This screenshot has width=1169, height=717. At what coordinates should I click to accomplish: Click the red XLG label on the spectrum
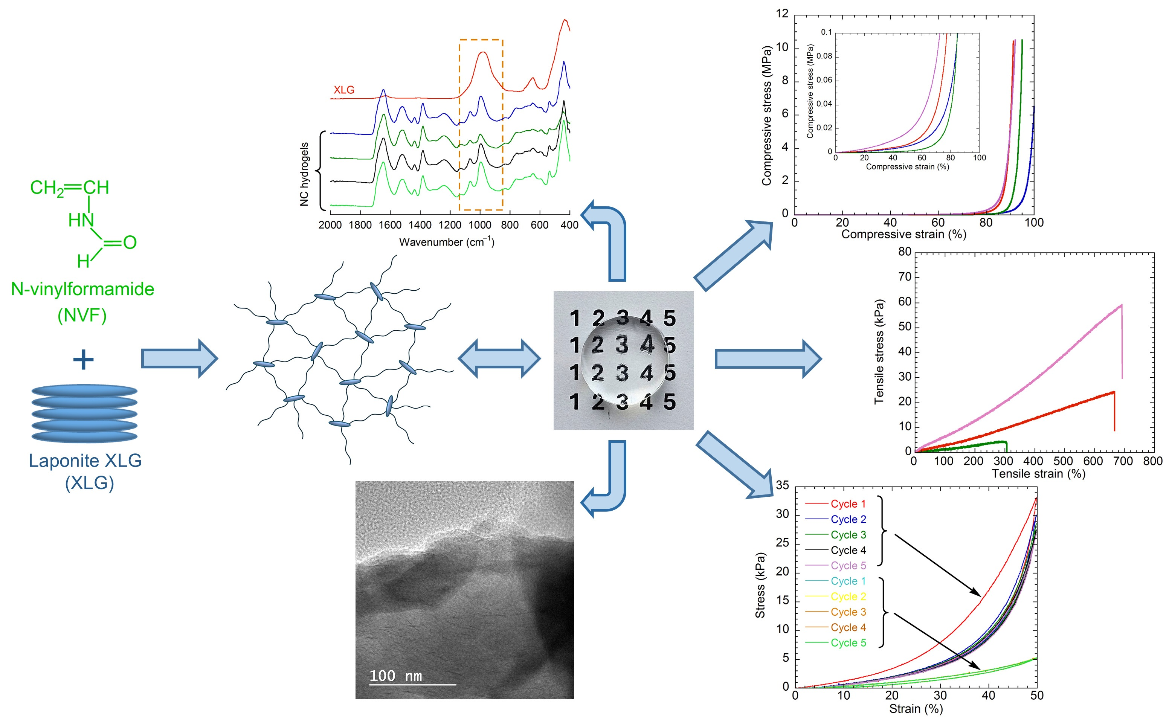(343, 90)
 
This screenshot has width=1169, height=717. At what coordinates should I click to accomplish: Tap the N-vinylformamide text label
(82, 289)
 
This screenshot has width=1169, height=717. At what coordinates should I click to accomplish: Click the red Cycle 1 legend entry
(847, 504)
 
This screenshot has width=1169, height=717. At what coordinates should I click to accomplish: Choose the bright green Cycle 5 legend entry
(847, 642)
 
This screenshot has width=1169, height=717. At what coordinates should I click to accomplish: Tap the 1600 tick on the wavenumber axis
(390, 225)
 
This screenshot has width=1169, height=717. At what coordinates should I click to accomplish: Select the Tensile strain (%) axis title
(1038, 474)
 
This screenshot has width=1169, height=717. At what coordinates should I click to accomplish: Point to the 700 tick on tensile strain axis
(1123, 461)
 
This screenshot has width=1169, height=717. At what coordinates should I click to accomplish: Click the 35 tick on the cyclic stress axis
(782, 485)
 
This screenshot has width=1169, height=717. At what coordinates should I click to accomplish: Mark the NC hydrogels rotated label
(304, 174)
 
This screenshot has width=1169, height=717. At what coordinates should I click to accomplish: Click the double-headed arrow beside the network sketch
(499, 358)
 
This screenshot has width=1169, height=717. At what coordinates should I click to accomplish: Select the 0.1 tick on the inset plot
(826, 32)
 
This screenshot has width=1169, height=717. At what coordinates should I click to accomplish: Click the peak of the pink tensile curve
(1121, 305)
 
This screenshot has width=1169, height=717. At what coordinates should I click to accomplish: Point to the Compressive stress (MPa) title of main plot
(766, 115)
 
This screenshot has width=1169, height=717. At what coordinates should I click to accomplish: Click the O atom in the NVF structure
(130, 243)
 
